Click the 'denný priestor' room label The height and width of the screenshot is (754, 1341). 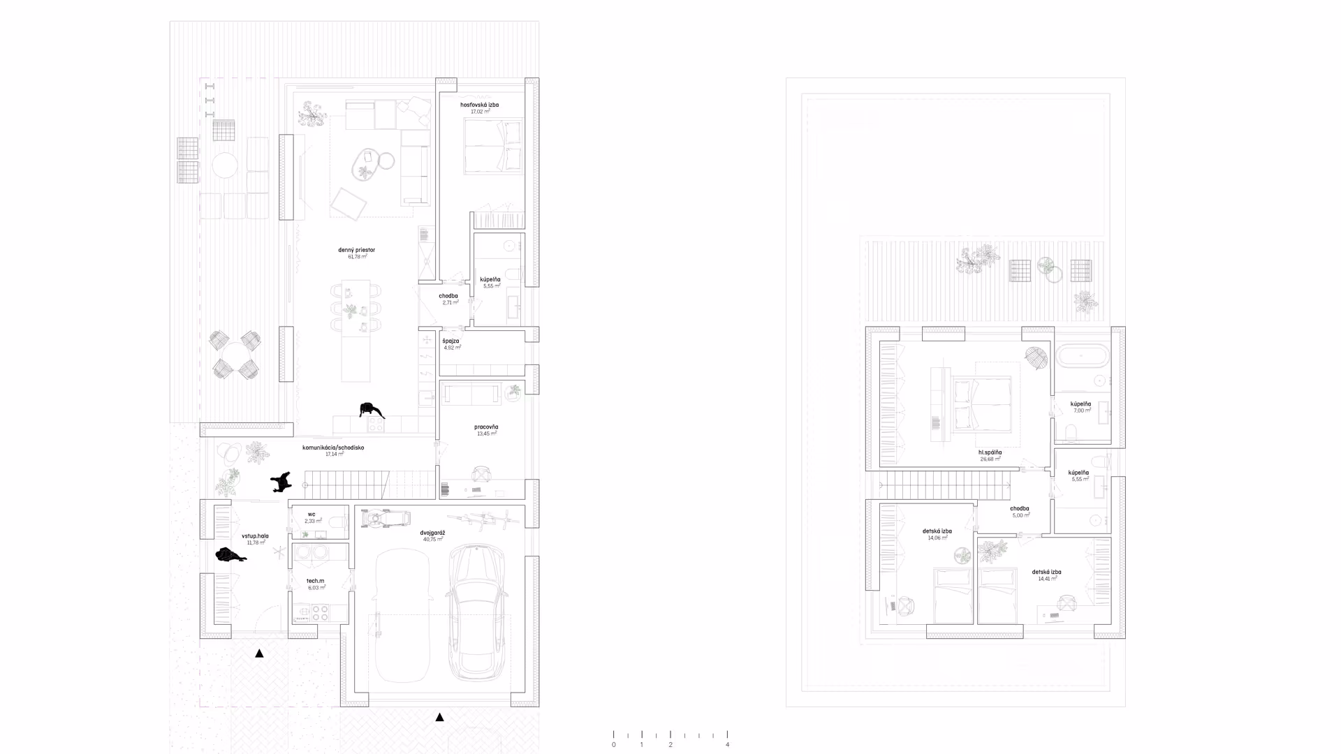click(356, 250)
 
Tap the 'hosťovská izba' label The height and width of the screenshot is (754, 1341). click(479, 105)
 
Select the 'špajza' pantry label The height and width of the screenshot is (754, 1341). click(450, 341)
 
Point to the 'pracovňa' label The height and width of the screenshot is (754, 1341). click(485, 427)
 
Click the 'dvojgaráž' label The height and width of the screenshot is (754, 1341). click(432, 533)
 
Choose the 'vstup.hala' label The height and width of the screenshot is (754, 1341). click(255, 536)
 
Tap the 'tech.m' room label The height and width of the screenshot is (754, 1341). click(315, 581)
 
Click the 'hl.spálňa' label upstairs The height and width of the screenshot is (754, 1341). click(990, 452)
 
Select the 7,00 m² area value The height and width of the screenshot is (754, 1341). click(1081, 411)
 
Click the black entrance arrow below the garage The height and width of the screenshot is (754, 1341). click(439, 717)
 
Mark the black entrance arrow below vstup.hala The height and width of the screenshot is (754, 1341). click(259, 653)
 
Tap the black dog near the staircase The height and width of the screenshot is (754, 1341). click(281, 481)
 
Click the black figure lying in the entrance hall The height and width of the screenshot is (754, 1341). click(230, 556)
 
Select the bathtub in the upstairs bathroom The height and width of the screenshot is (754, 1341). click(1081, 357)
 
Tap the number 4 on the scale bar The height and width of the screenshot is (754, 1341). click(727, 745)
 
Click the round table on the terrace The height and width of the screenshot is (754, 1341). click(225, 165)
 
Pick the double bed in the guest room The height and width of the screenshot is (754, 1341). click(493, 147)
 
